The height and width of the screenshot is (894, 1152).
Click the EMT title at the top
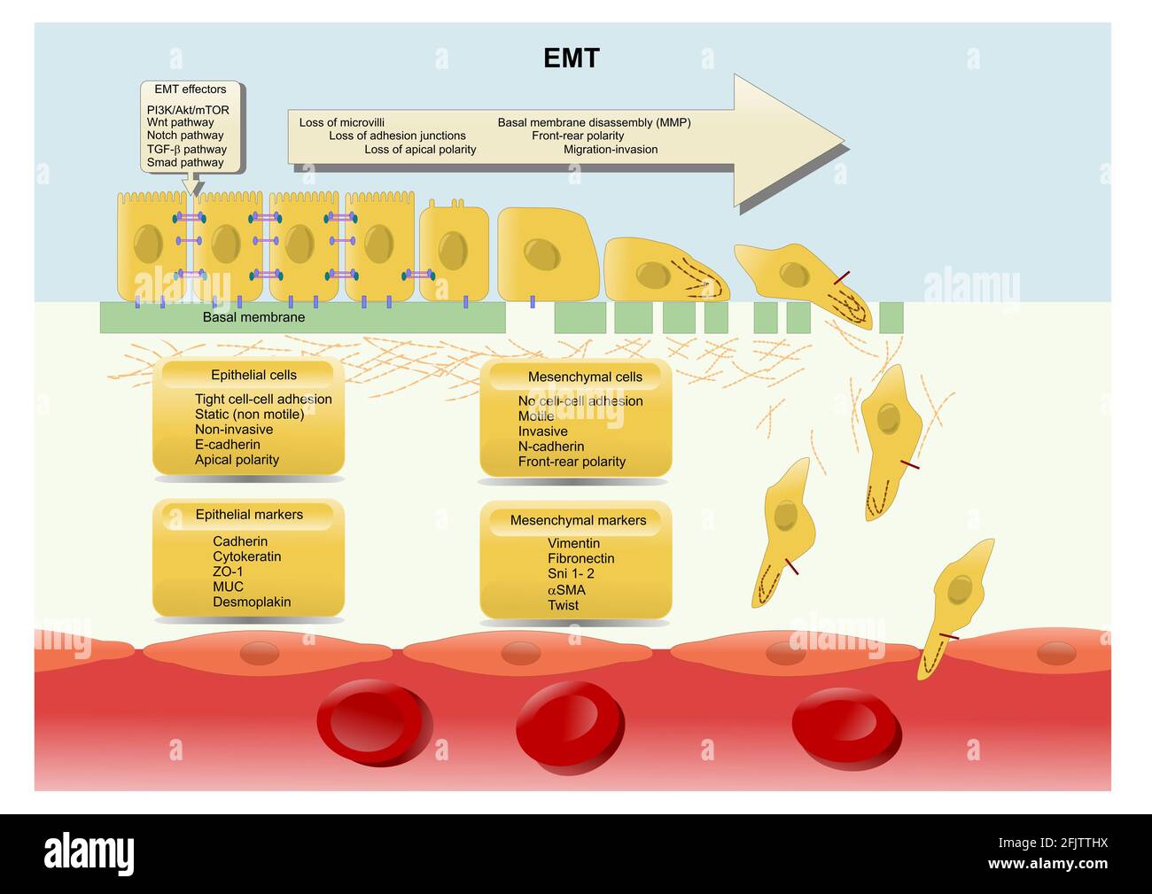pos(572,58)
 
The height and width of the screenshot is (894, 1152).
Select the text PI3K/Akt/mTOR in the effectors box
pos(188,110)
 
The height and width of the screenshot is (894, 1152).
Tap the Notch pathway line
pos(185,136)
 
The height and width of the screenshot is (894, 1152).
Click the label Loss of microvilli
pos(342,122)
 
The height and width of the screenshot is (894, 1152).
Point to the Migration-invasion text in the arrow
pos(611,150)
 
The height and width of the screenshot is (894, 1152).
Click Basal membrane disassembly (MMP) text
pos(594,122)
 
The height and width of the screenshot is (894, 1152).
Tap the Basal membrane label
pos(253,317)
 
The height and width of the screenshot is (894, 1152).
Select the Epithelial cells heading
pos(253,375)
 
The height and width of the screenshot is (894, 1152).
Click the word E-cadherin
pos(228,445)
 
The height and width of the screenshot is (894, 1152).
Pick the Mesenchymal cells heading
pos(585,377)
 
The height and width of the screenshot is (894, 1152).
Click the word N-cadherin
pos(551,447)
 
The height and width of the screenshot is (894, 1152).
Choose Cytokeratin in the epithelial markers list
pos(246,556)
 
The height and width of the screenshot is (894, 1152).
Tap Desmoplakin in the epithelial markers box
pos(252,602)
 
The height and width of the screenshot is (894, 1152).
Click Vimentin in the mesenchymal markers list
pos(573,543)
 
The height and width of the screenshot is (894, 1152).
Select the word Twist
pos(563,605)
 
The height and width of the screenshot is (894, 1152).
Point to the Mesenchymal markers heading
pos(578,520)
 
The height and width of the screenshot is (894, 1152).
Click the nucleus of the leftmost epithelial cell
pos(148,244)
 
